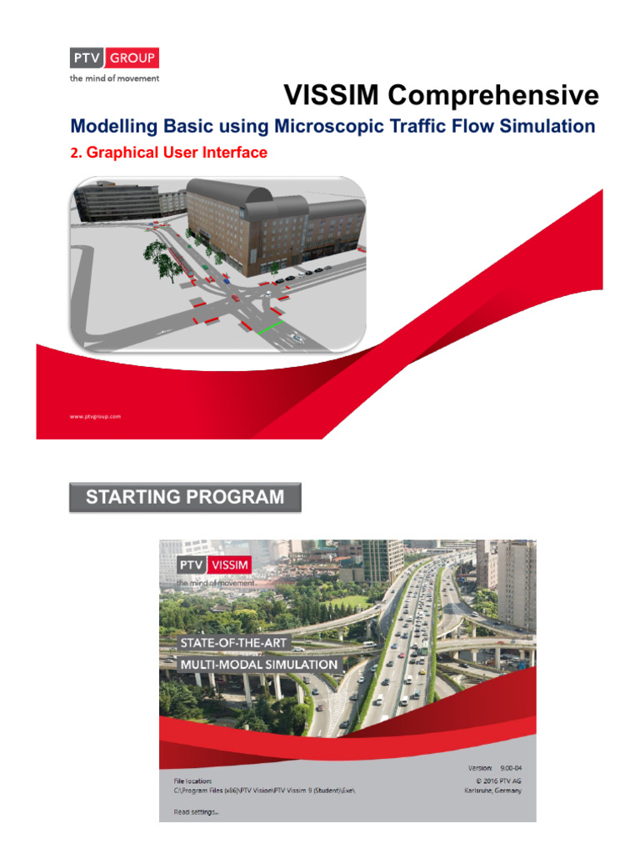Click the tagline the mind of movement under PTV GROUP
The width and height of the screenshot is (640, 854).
tap(113, 78)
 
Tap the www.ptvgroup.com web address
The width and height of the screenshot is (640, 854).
tap(96, 415)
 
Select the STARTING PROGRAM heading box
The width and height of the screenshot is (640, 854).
tap(184, 498)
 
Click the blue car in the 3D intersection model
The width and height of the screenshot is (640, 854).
tap(227, 281)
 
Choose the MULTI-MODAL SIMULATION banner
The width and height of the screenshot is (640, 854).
tap(259, 664)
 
